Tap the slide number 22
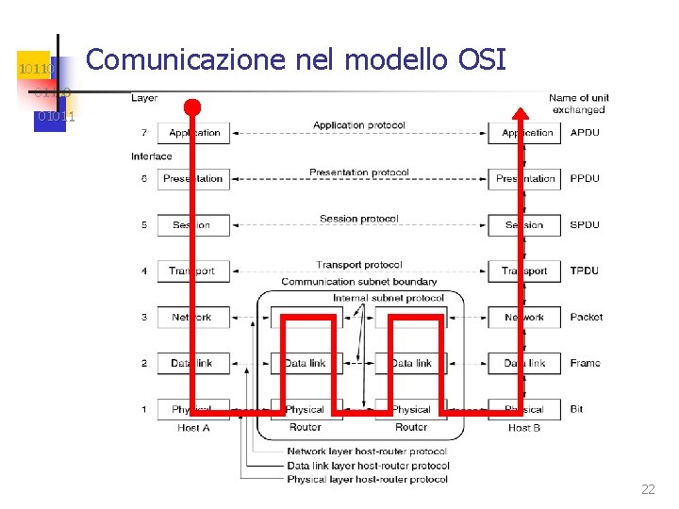[x=648, y=489]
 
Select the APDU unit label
[x=585, y=133]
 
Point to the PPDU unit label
[x=585, y=178]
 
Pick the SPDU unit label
[x=585, y=225]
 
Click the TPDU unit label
[x=585, y=271]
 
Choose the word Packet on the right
[x=586, y=317]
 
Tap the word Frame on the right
[x=585, y=363]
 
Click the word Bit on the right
[x=576, y=409]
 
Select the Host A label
[x=193, y=428]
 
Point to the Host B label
[x=524, y=428]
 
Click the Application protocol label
[x=358, y=125]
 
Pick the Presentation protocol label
[x=358, y=172]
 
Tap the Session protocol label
[x=358, y=219]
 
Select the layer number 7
[x=144, y=133]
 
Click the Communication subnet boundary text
[x=358, y=282]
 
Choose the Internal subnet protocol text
[x=388, y=299]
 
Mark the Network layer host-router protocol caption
[x=367, y=452]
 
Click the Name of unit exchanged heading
[x=578, y=104]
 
